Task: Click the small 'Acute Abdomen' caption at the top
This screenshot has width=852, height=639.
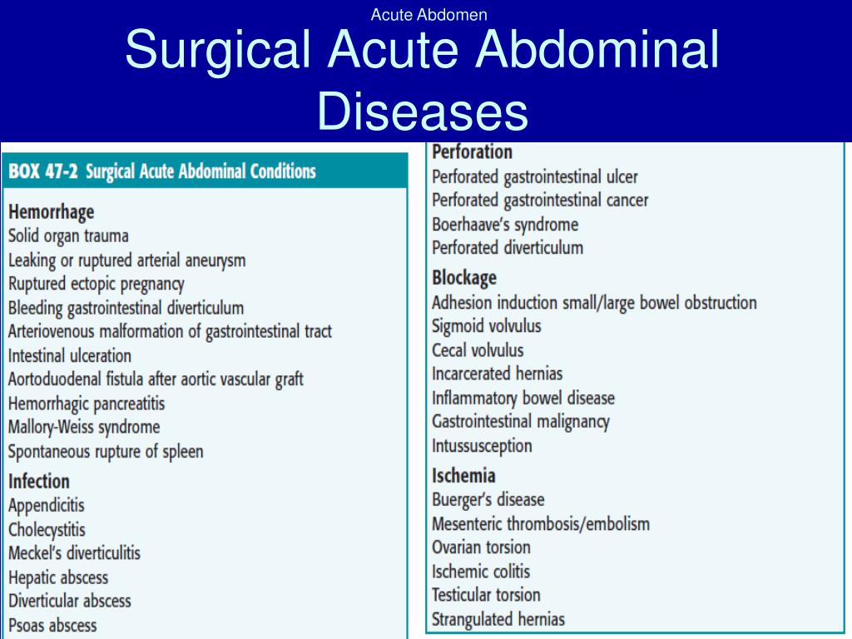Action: tap(428, 15)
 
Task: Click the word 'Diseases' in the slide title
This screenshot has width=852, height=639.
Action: tap(422, 111)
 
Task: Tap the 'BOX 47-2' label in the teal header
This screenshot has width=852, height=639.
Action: tap(43, 171)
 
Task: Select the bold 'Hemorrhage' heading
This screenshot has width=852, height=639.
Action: tap(51, 211)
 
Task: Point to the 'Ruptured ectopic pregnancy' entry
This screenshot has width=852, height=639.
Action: tap(97, 284)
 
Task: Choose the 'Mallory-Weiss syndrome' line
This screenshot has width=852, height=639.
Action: tap(84, 427)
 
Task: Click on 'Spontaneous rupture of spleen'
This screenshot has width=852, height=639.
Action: tap(106, 451)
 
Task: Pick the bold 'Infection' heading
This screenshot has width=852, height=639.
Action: tap(39, 481)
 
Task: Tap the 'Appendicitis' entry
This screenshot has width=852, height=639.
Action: tap(47, 505)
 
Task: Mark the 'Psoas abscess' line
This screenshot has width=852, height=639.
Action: tap(52, 625)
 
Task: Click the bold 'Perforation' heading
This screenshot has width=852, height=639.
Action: tap(473, 151)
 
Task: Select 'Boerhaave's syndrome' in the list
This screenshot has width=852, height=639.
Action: tap(505, 224)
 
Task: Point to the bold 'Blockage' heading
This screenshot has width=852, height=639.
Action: tap(464, 278)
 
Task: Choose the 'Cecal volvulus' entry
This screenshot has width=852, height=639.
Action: tap(478, 350)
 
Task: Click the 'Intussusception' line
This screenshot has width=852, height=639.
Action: tap(482, 446)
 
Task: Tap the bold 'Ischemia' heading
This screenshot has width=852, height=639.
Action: tap(463, 475)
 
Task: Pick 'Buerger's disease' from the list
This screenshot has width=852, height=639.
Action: tap(488, 499)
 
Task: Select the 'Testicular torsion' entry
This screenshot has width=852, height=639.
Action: tap(486, 594)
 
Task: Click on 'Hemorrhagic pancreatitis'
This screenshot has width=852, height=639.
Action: tap(87, 404)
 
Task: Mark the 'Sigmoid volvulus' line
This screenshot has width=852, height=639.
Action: tap(487, 326)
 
